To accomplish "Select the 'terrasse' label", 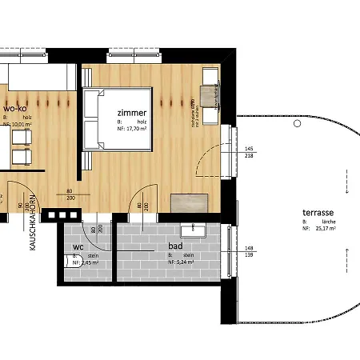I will tap(318, 212).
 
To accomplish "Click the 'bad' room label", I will tap(177, 248).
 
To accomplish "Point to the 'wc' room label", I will tap(78, 247).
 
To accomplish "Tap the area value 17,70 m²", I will tap(138, 129).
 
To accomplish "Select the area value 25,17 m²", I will tap(325, 227).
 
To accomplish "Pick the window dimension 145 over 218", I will tap(249, 153).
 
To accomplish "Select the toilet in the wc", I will tap(67, 261).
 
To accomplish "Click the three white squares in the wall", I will tap(59, 215).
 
